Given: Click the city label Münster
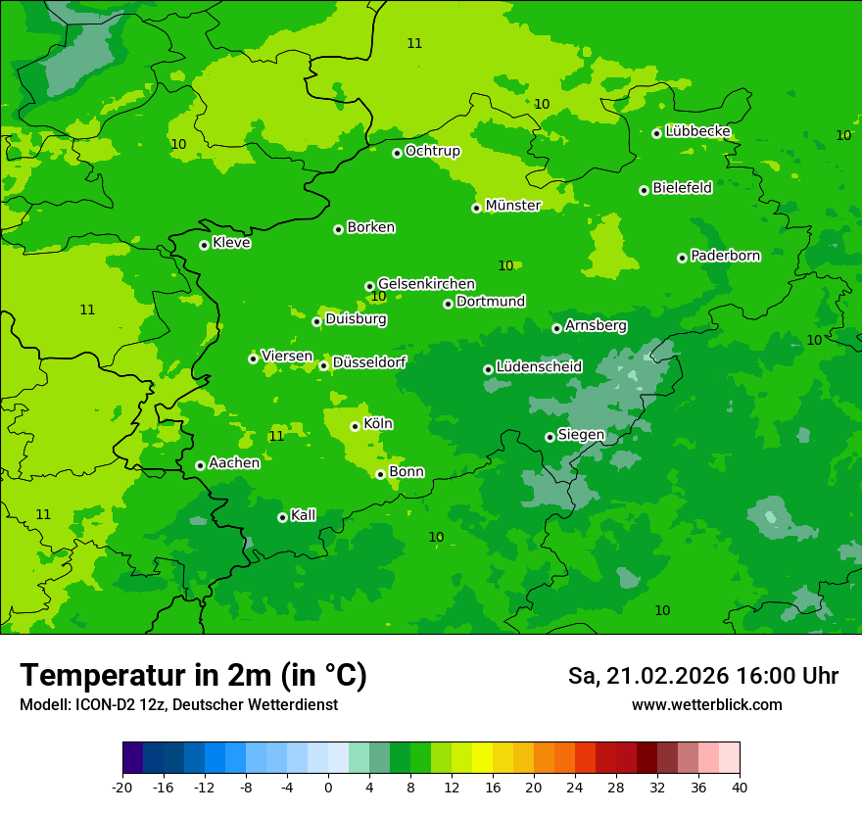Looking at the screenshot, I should pyautogui.click(x=512, y=206).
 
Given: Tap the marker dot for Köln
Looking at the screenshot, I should pyautogui.click(x=355, y=426).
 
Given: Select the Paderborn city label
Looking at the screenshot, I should pyautogui.click(x=725, y=256).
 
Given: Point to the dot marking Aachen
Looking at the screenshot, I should pyautogui.click(x=200, y=465).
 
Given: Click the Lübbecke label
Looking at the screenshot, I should pyautogui.click(x=697, y=131).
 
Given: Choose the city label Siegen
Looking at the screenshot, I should pyautogui.click(x=581, y=435).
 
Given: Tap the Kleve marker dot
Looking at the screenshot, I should pyautogui.click(x=204, y=245).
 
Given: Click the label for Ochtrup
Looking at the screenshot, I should pyautogui.click(x=432, y=151).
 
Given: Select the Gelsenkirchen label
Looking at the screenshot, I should pyautogui.click(x=426, y=284).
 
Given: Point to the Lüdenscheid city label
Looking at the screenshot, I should pyautogui.click(x=539, y=367).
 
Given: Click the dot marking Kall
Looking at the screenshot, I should pyautogui.click(x=282, y=517).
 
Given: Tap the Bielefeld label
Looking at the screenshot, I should pyautogui.click(x=682, y=188).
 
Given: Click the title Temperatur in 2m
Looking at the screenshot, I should pyautogui.click(x=193, y=675).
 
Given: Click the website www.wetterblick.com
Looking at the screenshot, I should pyautogui.click(x=706, y=705).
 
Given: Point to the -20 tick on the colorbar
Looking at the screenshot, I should pyautogui.click(x=122, y=787).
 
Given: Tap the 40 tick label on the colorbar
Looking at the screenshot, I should pyautogui.click(x=740, y=787).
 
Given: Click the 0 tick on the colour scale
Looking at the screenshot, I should pyautogui.click(x=328, y=787).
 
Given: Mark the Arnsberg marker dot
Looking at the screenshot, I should pyautogui.click(x=556, y=328).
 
